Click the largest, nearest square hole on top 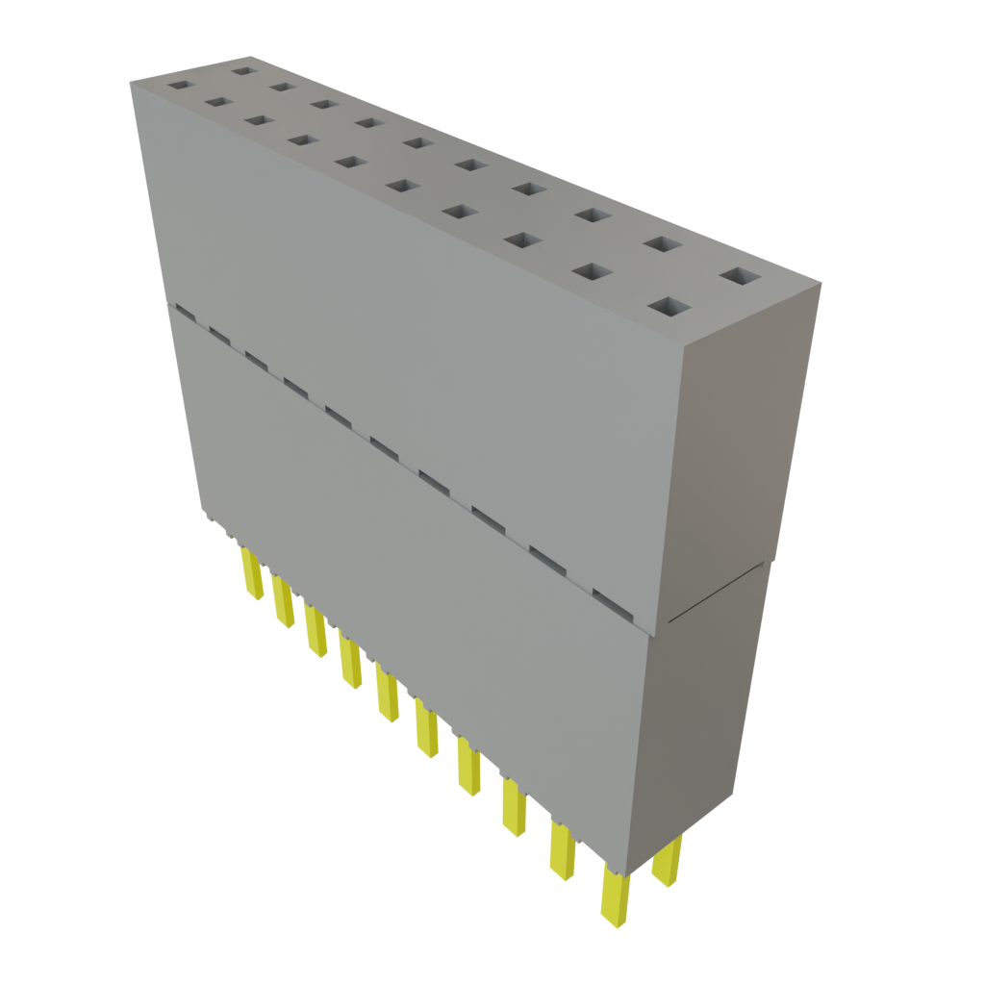pyautogui.click(x=670, y=308)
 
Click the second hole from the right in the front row pyautogui.click(x=594, y=272)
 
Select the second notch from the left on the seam pyautogui.click(x=216, y=335)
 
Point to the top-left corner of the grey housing pyautogui.click(x=132, y=84)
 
